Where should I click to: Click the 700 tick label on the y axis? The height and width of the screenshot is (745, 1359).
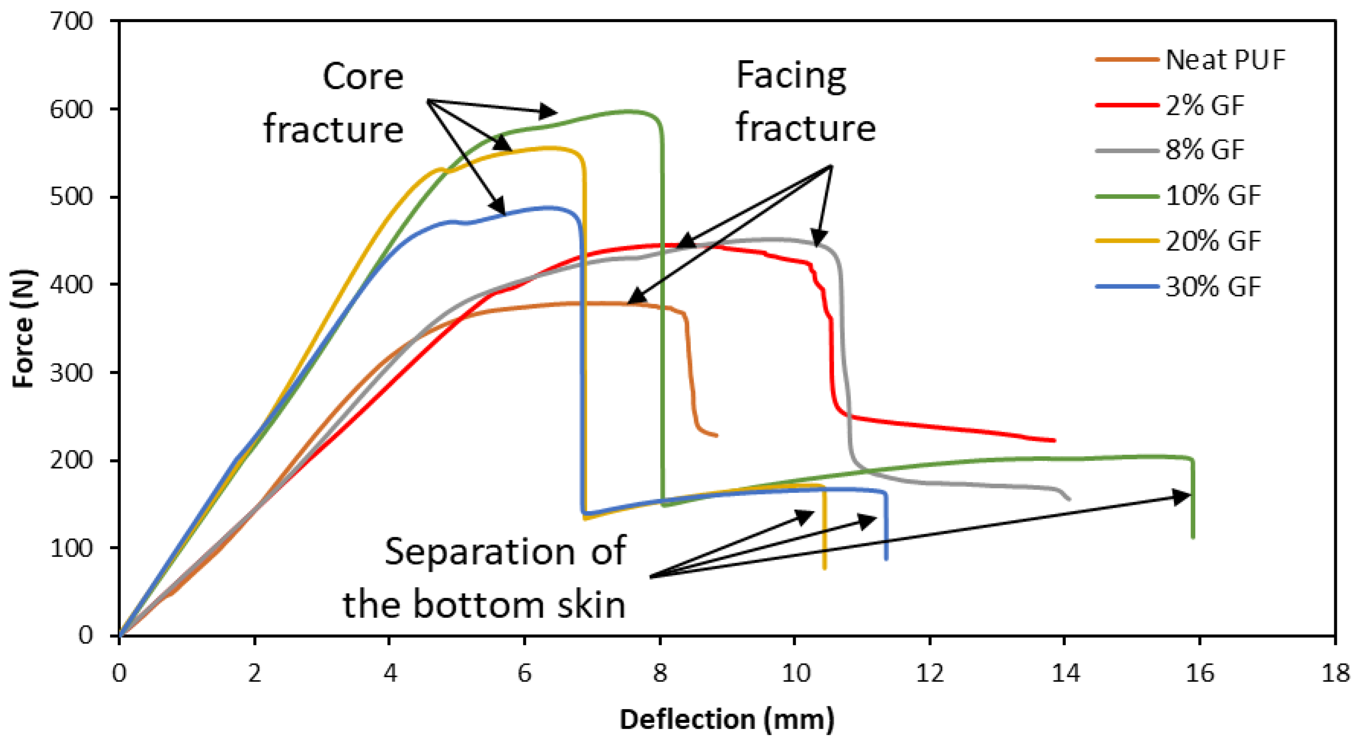(x=71, y=22)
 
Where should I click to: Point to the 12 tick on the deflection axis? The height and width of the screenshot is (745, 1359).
(x=930, y=673)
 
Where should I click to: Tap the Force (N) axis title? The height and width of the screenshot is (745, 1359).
(x=24, y=329)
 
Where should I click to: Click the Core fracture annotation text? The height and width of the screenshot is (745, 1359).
(x=334, y=103)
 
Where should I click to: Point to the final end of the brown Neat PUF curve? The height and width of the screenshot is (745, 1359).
(x=716, y=436)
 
